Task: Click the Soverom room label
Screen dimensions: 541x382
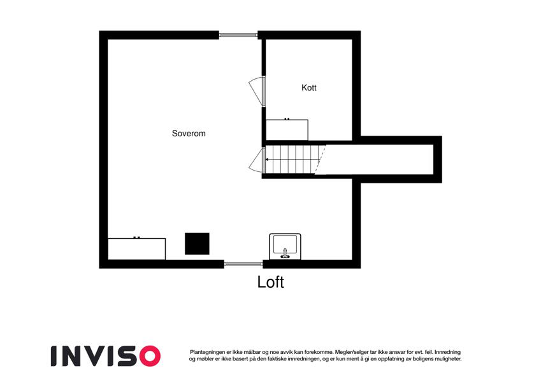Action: click(x=189, y=134)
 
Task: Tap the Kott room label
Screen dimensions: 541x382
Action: click(x=309, y=88)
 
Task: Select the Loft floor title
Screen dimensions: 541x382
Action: click(x=270, y=282)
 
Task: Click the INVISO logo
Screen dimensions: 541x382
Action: click(x=106, y=356)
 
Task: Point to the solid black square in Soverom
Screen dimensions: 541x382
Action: click(x=197, y=244)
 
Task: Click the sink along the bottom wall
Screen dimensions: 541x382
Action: click(x=285, y=246)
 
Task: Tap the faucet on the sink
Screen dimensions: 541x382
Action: click(x=285, y=253)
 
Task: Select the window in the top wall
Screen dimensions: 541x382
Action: click(x=238, y=35)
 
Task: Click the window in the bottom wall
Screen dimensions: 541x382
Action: click(x=243, y=264)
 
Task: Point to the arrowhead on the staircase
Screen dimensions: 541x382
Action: click(x=268, y=160)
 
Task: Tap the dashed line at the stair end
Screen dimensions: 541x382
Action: click(x=320, y=160)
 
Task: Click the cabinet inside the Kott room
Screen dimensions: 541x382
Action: click(x=287, y=130)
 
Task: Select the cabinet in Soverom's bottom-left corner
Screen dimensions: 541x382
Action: click(x=136, y=248)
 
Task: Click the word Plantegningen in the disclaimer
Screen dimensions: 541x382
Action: click(x=207, y=352)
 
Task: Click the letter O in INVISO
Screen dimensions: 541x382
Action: click(x=150, y=356)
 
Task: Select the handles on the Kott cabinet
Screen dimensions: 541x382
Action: click(x=287, y=119)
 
